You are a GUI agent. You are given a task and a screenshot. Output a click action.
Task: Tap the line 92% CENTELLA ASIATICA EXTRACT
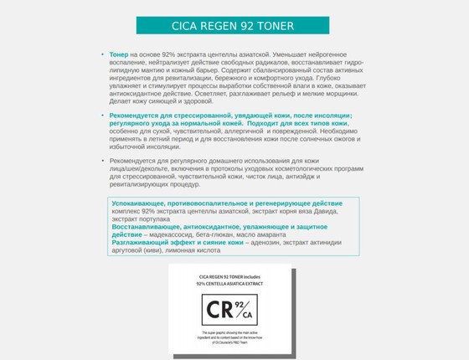point(229,284)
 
